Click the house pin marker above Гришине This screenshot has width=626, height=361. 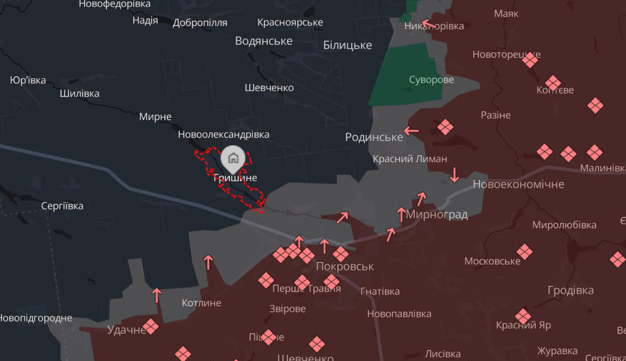[233, 158]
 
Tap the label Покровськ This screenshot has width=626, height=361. [345, 267]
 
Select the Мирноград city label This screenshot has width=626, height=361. [437, 214]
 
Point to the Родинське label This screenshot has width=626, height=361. [374, 137]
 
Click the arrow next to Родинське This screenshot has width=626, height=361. [411, 131]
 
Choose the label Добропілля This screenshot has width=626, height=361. [200, 23]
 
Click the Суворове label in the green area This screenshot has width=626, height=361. [431, 79]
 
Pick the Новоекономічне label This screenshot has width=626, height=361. [518, 184]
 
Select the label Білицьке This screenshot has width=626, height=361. [347, 45]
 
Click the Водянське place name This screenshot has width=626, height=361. [263, 41]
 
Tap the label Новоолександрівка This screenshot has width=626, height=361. [223, 134]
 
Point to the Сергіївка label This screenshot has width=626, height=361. [62, 206]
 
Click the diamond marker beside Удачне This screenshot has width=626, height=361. [150, 326]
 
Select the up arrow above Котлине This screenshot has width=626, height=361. [156, 295]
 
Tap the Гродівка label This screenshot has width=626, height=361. [571, 290]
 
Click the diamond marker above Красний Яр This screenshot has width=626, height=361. [523, 316]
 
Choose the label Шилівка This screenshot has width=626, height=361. [79, 94]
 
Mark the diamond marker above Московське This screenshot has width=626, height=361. [524, 251]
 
